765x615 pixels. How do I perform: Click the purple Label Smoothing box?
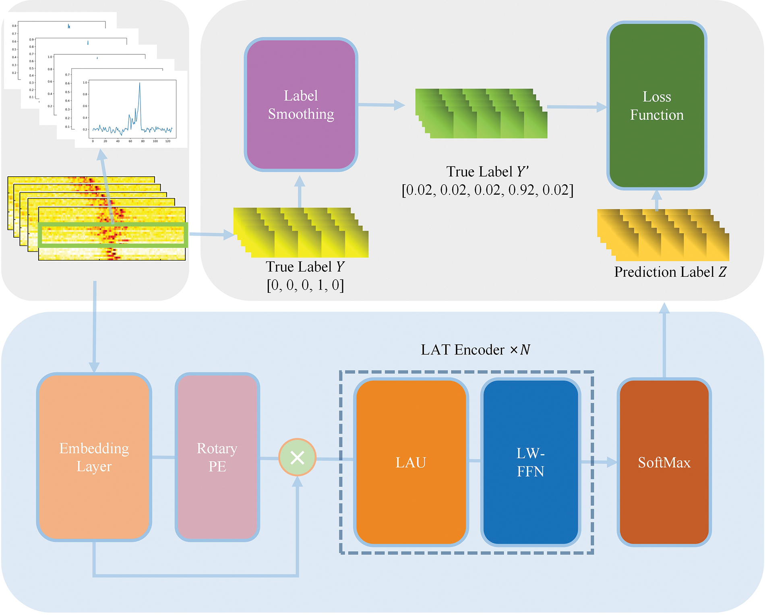tap(301, 105)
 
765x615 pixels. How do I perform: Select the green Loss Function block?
tap(657, 105)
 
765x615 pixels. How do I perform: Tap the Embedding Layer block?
tap(94, 457)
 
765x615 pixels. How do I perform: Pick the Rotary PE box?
tap(217, 457)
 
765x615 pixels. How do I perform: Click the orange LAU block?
tap(411, 462)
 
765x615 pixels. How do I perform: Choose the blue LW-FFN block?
tap(530, 462)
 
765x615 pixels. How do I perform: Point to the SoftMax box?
tap(664, 462)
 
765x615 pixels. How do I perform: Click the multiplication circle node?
tap(297, 457)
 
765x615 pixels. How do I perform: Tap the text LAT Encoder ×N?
tap(475, 350)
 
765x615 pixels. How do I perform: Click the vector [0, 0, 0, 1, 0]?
tap(305, 285)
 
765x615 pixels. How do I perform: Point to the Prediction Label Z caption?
tap(670, 272)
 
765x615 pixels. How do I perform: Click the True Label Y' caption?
tap(487, 172)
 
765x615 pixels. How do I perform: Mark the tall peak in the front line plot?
tap(140, 84)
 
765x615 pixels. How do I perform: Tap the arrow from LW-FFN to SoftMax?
tap(598, 462)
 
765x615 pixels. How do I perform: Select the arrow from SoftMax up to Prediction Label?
tap(664, 342)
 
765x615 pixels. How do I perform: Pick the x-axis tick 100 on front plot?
tap(155, 141)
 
